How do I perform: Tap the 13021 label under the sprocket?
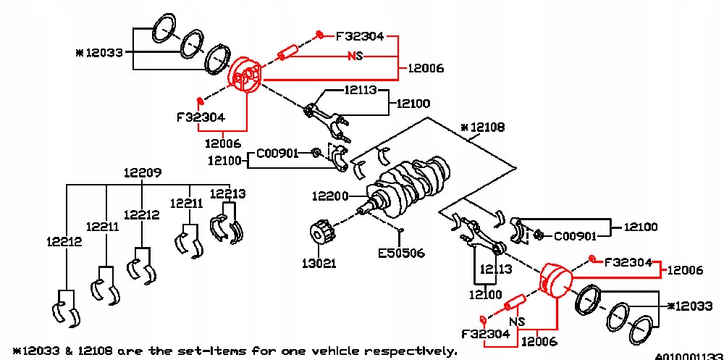[319, 263]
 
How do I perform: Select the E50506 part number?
[401, 254]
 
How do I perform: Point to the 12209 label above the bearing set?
[142, 173]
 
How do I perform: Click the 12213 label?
[227, 193]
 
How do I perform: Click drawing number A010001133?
[689, 356]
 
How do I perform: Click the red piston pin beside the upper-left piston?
[287, 53]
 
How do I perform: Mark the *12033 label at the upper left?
[99, 53]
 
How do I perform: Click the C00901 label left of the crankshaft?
[278, 154]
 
